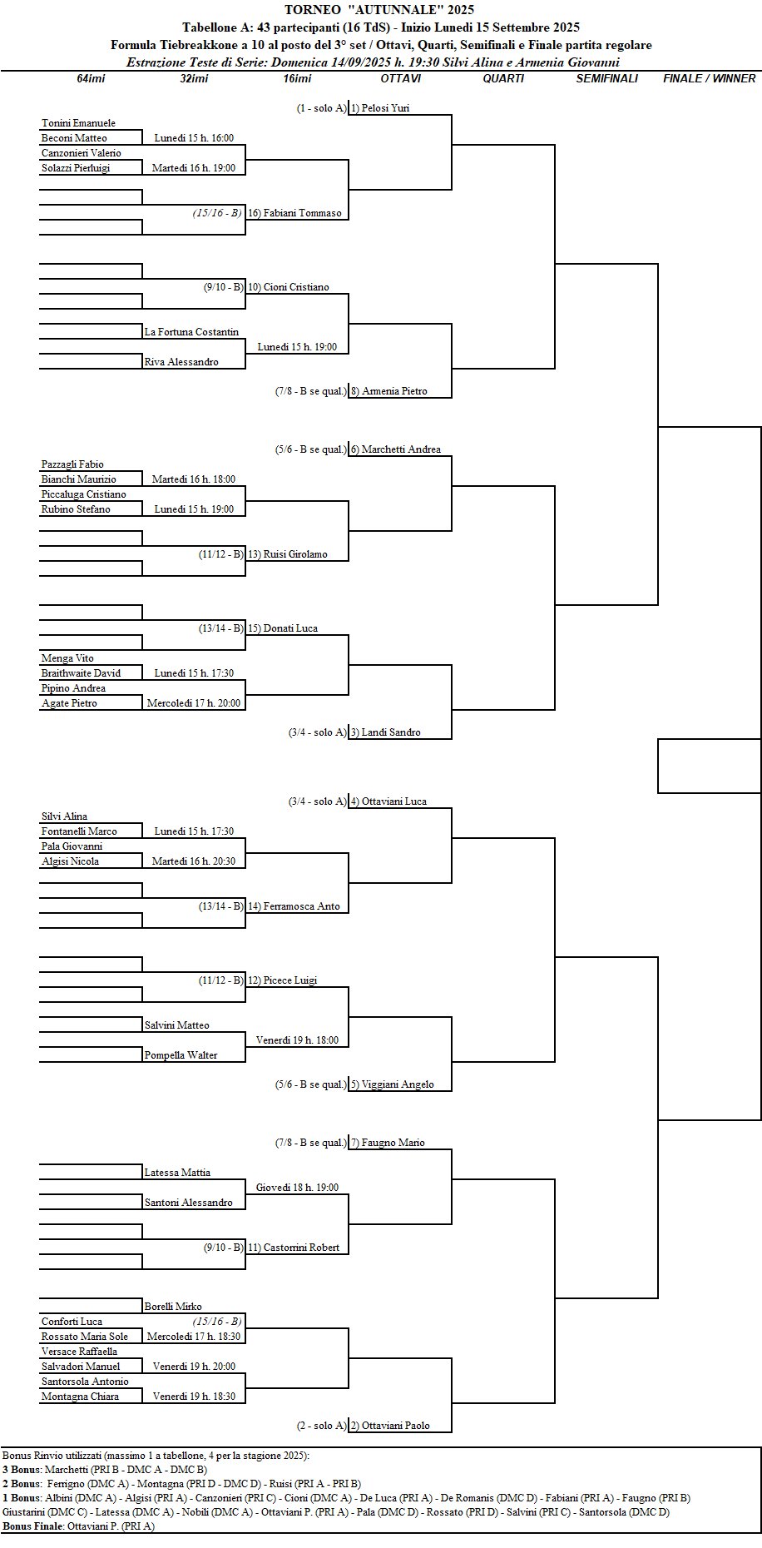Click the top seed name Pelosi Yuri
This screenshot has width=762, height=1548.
(386, 108)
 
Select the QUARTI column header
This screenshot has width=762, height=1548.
(503, 78)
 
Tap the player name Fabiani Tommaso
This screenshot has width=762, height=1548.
(303, 213)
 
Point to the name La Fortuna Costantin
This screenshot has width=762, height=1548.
(191, 332)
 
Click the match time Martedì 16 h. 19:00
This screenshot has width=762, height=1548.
(194, 168)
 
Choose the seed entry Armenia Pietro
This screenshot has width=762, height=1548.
(394, 391)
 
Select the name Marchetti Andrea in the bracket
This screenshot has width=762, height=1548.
(401, 449)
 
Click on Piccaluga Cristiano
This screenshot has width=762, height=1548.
(84, 494)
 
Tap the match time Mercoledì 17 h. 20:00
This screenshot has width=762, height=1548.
(194, 703)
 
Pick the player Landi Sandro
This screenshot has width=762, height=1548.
(391, 732)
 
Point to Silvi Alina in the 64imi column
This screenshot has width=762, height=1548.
(64, 816)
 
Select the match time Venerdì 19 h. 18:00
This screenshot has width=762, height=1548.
(298, 1040)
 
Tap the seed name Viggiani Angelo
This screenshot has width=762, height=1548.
(398, 1084)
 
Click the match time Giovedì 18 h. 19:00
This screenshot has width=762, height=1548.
(298, 1188)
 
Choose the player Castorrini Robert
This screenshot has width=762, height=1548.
(301, 1248)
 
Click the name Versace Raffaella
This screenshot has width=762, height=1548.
(79, 1352)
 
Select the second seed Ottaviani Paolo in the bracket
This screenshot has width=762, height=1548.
(396, 1426)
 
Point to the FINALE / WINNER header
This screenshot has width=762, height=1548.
(710, 78)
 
